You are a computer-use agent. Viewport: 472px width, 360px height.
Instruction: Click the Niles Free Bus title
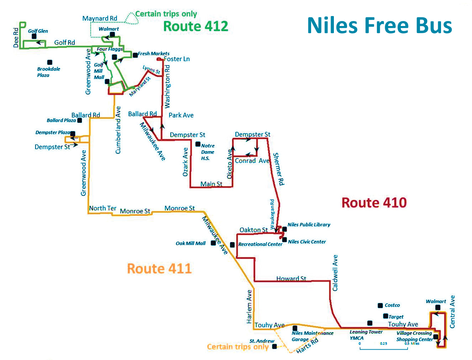379,26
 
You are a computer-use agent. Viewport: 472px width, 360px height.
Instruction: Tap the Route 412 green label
195,26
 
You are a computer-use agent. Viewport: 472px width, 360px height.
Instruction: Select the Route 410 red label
374,203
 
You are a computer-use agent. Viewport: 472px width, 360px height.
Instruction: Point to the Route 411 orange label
159,268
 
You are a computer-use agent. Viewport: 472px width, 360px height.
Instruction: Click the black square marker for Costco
380,306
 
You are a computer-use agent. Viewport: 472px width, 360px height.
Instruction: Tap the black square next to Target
386,316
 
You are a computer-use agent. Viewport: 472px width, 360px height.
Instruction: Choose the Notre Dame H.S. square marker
198,144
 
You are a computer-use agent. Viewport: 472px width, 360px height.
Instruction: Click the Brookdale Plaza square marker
50,62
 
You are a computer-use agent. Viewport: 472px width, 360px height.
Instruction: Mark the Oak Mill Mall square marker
213,243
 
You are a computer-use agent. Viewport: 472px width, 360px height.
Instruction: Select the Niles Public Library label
309,225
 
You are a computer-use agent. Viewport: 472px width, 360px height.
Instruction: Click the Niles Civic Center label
307,242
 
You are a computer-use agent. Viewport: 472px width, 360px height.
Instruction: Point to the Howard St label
291,278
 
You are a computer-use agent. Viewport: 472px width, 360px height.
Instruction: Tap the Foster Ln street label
177,59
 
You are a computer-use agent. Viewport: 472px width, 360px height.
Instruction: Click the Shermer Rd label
278,169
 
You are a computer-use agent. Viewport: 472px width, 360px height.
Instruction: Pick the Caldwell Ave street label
335,273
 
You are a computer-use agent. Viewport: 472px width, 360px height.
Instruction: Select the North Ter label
103,208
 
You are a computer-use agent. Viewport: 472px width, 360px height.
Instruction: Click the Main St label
211,184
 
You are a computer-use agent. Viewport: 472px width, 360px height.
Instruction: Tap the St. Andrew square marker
274,346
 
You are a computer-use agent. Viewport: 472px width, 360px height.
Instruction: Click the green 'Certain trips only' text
166,14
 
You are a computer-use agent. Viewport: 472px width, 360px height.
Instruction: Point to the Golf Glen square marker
34,36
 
